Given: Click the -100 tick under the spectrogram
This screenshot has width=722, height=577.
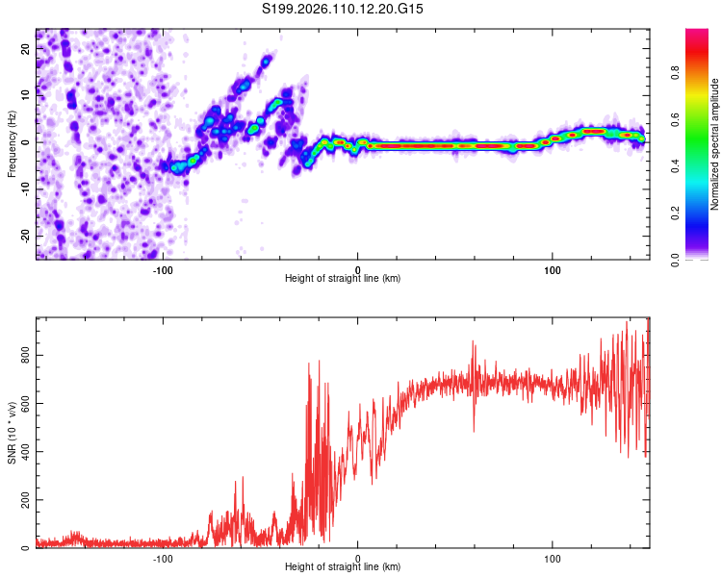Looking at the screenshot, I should [x=163, y=269].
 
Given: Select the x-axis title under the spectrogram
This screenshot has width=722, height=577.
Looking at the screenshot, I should [x=343, y=279].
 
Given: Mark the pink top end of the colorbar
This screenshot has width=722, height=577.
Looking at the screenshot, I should [x=697, y=34].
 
